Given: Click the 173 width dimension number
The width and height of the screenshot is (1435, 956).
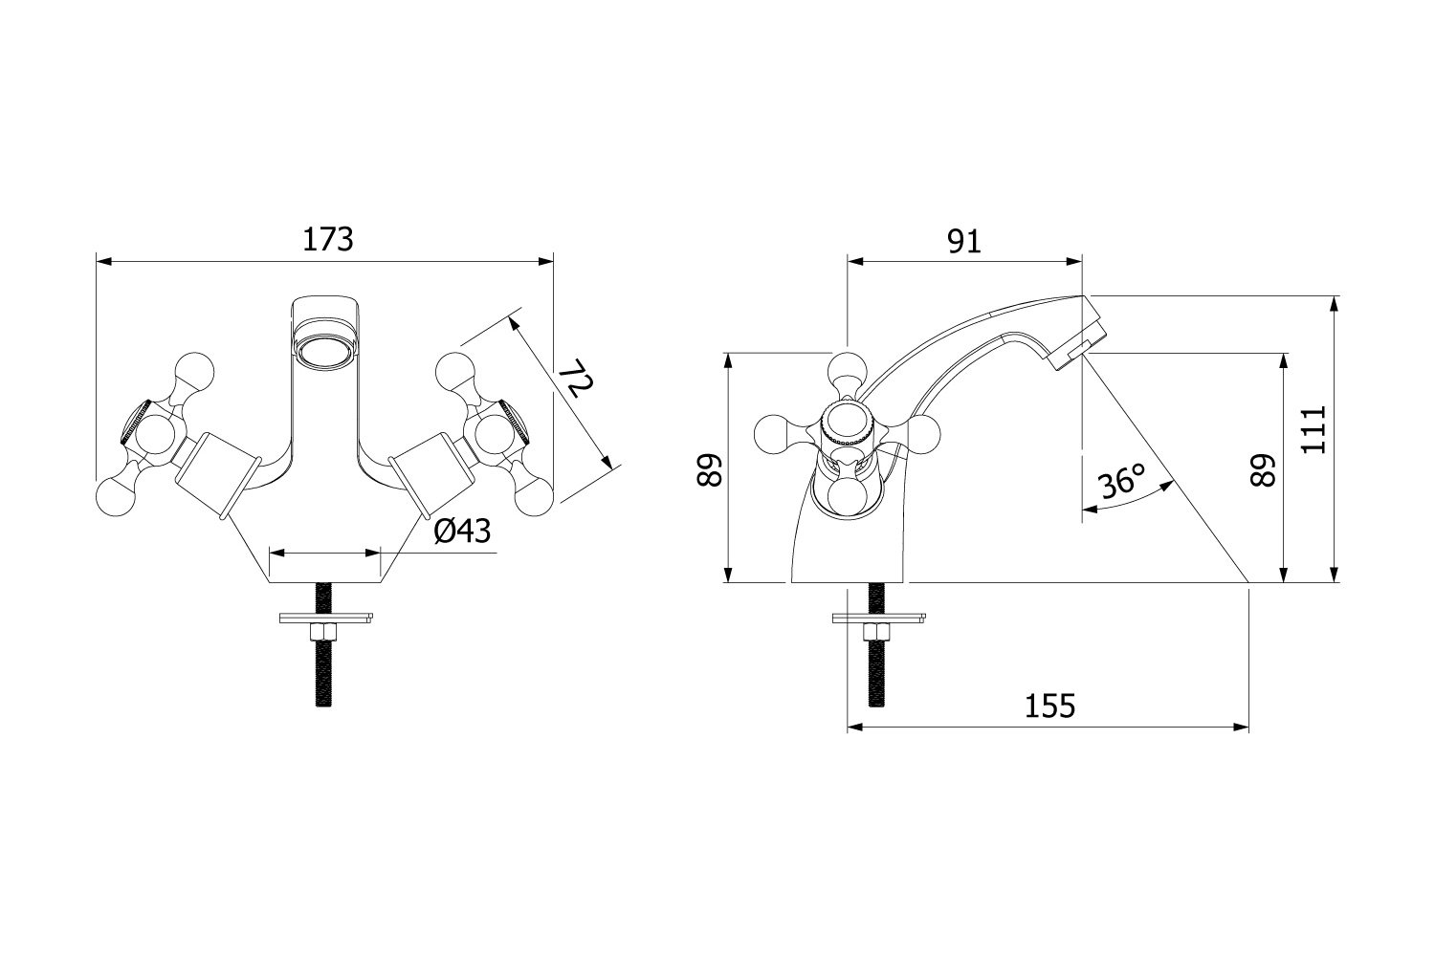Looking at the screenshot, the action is pyautogui.click(x=327, y=240).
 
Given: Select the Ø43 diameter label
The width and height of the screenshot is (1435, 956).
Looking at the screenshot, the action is pyautogui.click(x=462, y=531).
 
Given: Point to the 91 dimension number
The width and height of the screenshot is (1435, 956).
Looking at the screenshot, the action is pyautogui.click(x=964, y=242).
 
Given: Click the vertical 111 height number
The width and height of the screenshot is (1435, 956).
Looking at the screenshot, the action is pyautogui.click(x=1314, y=429).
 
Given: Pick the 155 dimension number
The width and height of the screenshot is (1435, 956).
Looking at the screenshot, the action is pyautogui.click(x=1050, y=706).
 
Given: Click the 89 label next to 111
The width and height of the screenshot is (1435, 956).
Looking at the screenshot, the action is pyautogui.click(x=1264, y=470).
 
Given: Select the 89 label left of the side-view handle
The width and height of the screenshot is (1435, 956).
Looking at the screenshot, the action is pyautogui.click(x=710, y=470).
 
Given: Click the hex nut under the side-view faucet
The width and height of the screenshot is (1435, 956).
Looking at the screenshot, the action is pyautogui.click(x=875, y=633).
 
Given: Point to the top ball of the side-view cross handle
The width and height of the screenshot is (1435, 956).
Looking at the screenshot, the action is pyautogui.click(x=847, y=371).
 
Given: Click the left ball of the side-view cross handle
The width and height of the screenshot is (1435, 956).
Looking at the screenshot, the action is pyautogui.click(x=774, y=435).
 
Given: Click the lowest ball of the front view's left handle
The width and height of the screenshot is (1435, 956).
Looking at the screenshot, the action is pyautogui.click(x=116, y=497).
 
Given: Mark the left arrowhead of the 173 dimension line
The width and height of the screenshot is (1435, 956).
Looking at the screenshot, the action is pyautogui.click(x=103, y=261).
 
